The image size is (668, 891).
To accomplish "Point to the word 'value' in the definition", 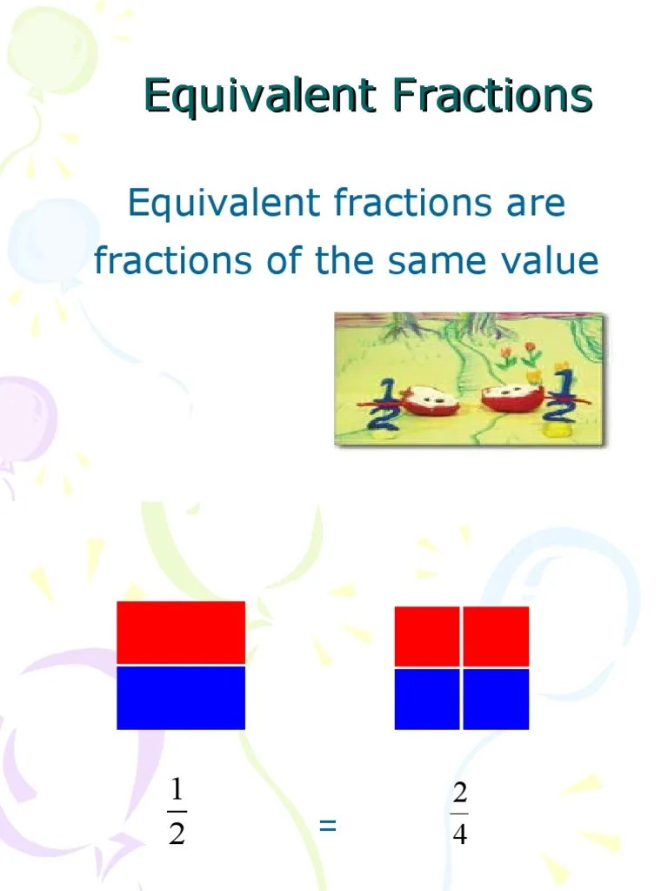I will pos(554,260).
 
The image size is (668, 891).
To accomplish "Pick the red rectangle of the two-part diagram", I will pos(181,632).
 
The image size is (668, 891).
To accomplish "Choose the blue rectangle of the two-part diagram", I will pos(181,698).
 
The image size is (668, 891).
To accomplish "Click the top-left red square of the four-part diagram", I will pos(427,636).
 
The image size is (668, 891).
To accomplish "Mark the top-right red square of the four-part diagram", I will pos(496,636).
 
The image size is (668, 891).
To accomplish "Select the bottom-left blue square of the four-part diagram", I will pos(427,699).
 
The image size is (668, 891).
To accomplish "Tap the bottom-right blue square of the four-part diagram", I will pos(496,699).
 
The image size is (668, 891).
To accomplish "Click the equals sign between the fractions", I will pos(327,826).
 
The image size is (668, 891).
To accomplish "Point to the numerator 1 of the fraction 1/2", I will pos(177,790).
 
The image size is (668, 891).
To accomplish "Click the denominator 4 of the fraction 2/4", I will pos(460,835).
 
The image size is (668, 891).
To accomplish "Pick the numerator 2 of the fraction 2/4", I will pos(460,794).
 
